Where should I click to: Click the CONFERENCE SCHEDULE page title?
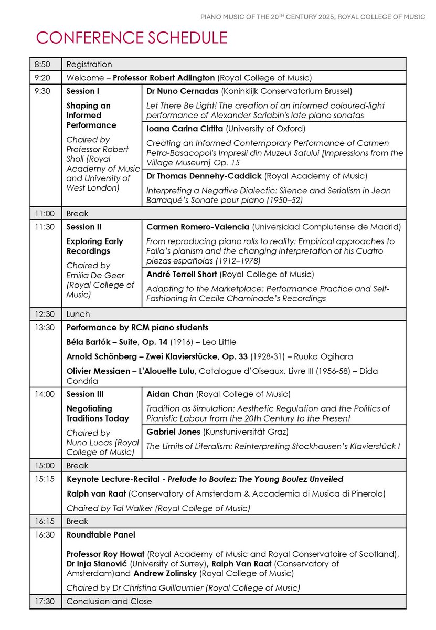[x=132, y=38]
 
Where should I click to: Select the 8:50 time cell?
[x=42, y=64]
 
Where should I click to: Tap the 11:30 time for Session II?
[x=42, y=227]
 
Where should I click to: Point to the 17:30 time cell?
[x=43, y=602]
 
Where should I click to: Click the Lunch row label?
[x=78, y=314]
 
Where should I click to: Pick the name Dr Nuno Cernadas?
[x=179, y=91]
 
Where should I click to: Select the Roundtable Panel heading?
[x=101, y=535]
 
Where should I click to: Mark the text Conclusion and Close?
[x=109, y=602]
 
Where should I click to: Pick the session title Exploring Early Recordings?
[x=94, y=246]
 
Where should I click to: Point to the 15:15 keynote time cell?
[x=43, y=479]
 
